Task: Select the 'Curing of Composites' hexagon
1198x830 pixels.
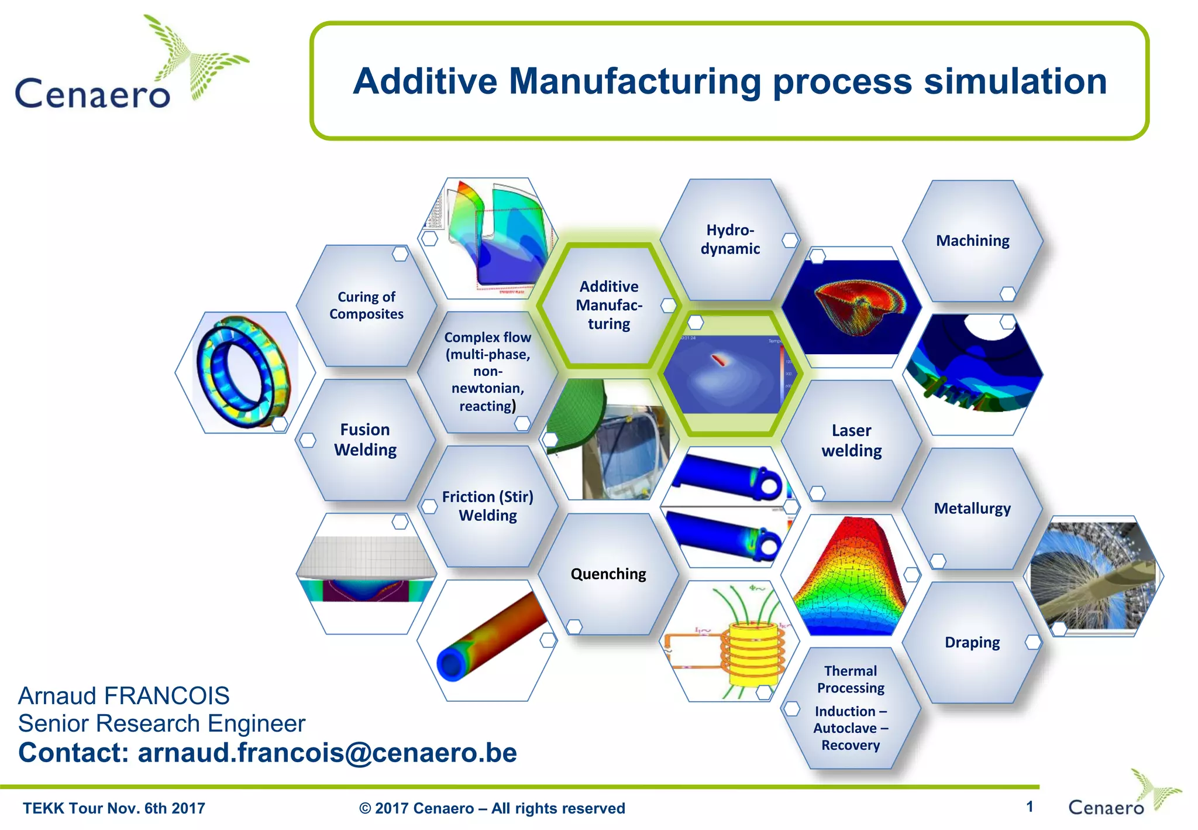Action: [x=366, y=306]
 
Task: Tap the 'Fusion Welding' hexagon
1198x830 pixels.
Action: [x=365, y=440]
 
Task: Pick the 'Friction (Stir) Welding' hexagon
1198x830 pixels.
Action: [x=487, y=506]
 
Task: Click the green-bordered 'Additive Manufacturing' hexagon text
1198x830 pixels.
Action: [x=609, y=305]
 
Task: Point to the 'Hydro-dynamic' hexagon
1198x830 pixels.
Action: [x=730, y=239]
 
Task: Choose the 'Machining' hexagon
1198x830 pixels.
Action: [x=972, y=241]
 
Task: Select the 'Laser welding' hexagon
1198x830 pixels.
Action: [x=851, y=440]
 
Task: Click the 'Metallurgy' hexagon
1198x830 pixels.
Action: [x=972, y=508]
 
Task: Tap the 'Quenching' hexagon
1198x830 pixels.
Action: [x=608, y=574]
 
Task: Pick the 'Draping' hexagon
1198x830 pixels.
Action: [x=972, y=642]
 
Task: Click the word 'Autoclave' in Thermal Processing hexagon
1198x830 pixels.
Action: [x=845, y=728]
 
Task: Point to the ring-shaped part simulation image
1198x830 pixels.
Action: [x=244, y=372]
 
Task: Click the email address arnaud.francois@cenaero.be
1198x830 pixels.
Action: [x=327, y=753]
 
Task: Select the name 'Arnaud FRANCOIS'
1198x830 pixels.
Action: [x=123, y=696]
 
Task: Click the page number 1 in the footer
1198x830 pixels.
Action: [x=1029, y=807]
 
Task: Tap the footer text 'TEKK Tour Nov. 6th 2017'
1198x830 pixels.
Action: [x=114, y=808]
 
